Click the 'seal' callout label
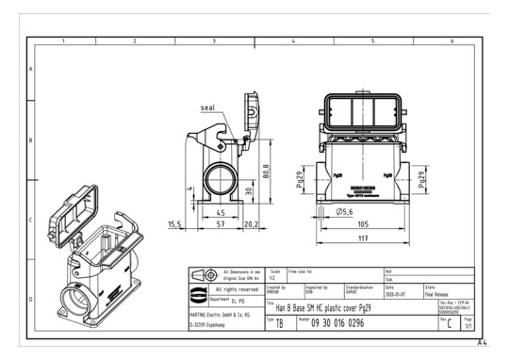(x=208, y=107)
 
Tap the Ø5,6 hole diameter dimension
(x=341, y=212)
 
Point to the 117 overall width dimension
(x=363, y=239)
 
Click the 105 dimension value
(x=363, y=225)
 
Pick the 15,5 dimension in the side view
(x=174, y=225)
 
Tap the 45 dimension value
(x=220, y=212)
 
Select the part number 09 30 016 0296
(x=337, y=323)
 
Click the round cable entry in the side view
(x=220, y=176)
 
